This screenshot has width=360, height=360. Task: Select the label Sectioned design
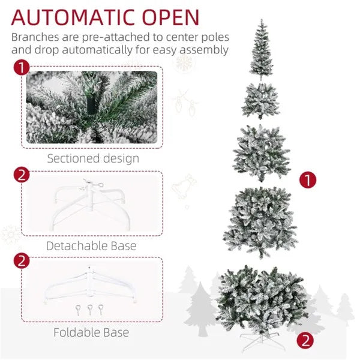tap(93, 158)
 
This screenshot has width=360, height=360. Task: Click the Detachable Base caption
tap(91, 245)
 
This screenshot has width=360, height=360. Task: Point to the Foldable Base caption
tap(91, 332)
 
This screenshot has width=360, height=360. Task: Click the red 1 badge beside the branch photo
tap(22, 67)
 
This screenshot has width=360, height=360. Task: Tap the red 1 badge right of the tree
tap(307, 179)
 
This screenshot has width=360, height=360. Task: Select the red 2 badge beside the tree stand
tap(306, 341)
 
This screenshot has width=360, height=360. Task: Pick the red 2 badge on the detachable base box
tap(22, 175)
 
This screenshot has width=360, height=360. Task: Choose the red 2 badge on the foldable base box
tap(22, 261)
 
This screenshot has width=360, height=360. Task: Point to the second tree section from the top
tap(260, 100)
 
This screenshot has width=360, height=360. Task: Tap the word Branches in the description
tap(37, 36)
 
